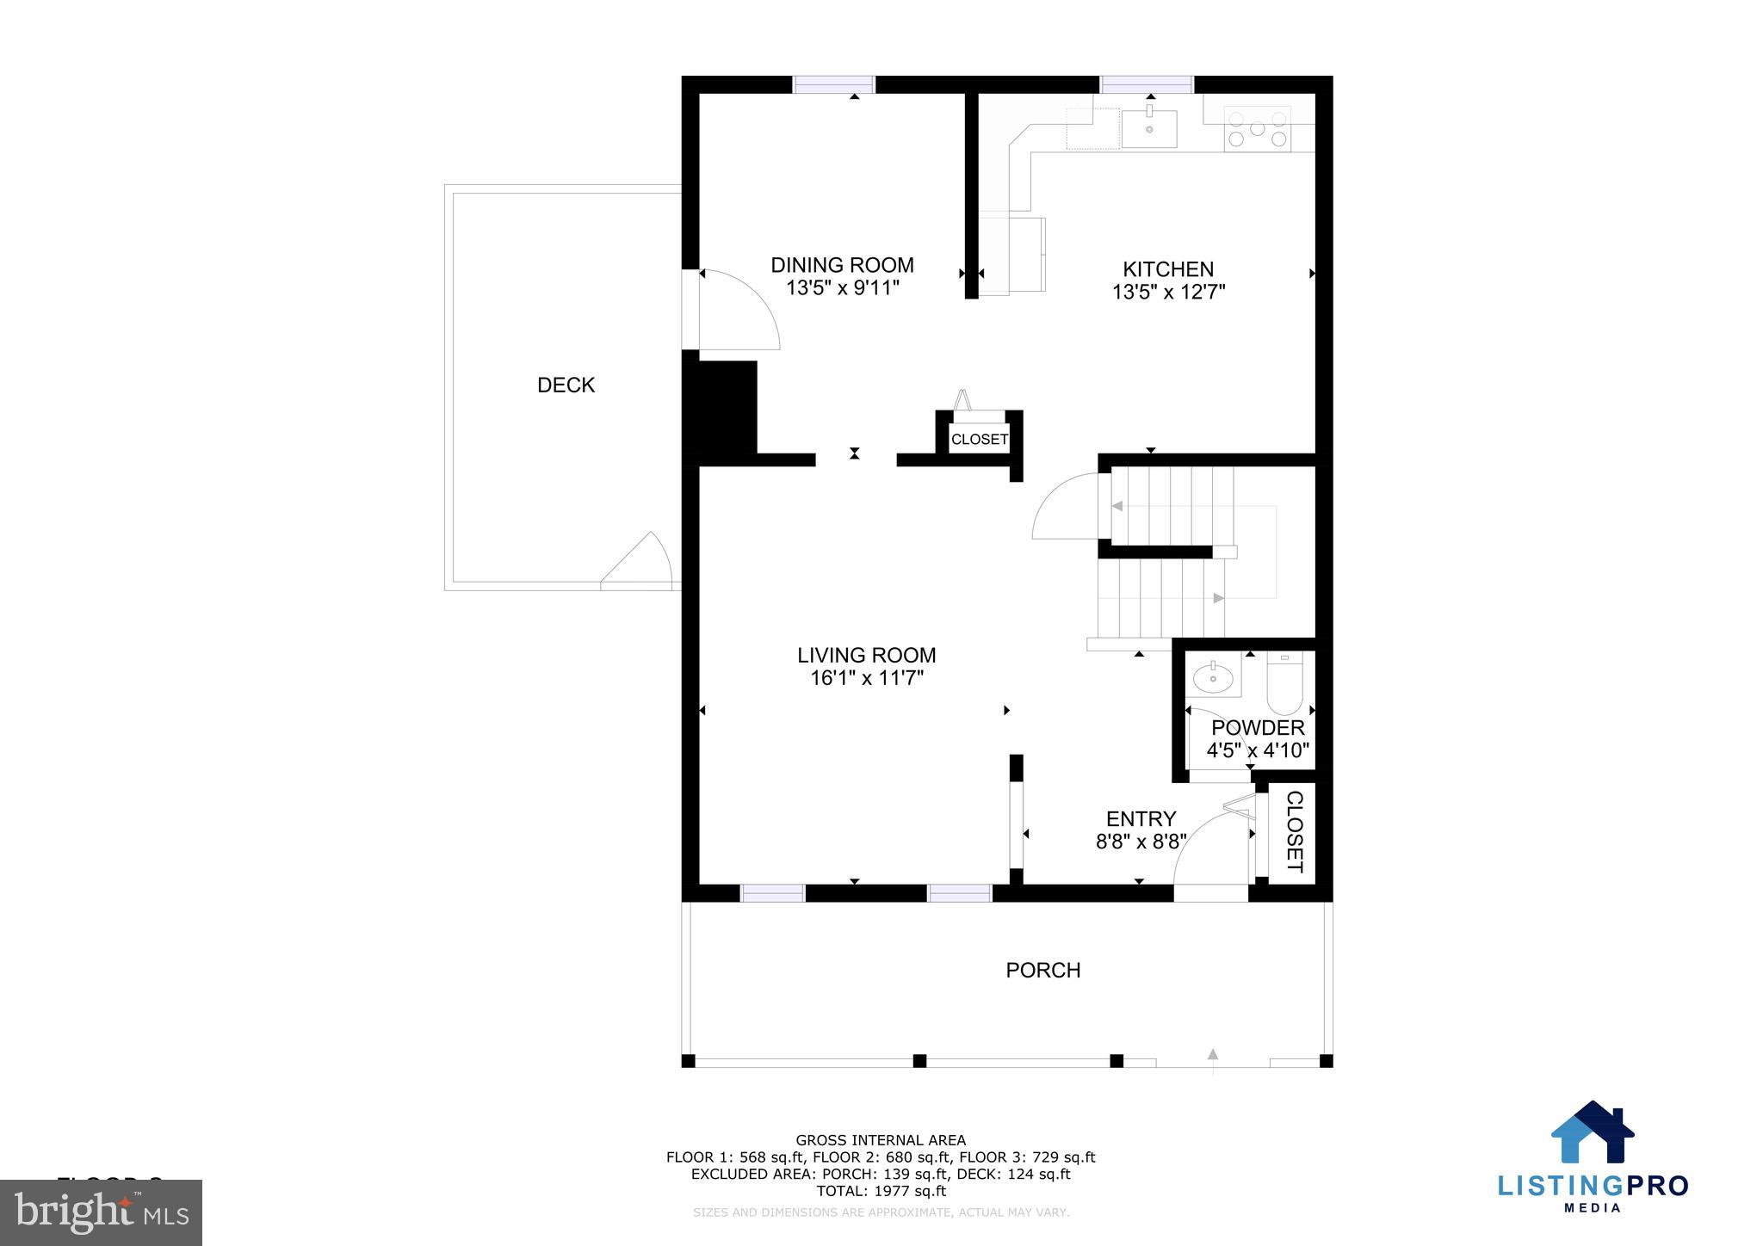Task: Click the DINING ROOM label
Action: [x=841, y=265]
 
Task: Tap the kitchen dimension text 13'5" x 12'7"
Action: [x=1168, y=293]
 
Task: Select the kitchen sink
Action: [x=1148, y=129]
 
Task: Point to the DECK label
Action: [x=566, y=385]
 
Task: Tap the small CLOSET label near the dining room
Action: [x=979, y=439]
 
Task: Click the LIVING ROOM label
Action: [x=866, y=655]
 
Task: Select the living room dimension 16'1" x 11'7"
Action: [x=866, y=678]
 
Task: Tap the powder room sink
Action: [x=1214, y=678]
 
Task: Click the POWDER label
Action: [x=1258, y=728]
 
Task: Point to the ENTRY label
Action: [x=1141, y=818]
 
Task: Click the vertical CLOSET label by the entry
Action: [x=1294, y=831]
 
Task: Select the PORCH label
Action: [x=1042, y=970]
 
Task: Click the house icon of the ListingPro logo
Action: [x=1592, y=1133]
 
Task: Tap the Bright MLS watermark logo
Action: [x=102, y=1212]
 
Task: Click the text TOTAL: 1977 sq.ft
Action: [x=880, y=1191]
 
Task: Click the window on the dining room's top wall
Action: [x=833, y=84]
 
